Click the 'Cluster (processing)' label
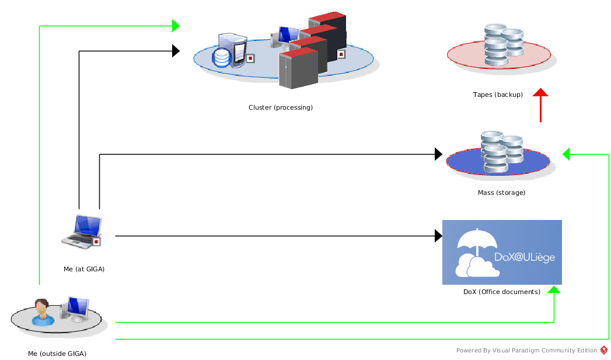coord(281,107)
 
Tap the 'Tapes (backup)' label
coord(498,95)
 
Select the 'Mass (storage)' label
coord(501,193)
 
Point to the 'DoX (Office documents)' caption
coord(502,292)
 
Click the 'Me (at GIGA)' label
coord(84,269)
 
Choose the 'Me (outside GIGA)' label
coord(57,354)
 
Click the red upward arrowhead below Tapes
coord(540,92)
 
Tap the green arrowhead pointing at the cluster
coord(176,26)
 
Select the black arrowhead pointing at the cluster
coord(176,51)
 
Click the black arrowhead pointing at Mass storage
coord(438,154)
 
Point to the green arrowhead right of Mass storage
coord(566,154)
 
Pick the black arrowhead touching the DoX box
coord(438,236)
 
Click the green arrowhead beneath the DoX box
coord(554,289)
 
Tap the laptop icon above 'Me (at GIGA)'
coord(82,232)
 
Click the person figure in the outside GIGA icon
coord(42,313)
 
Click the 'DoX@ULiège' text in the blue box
coord(525,257)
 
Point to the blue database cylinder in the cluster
coord(222,58)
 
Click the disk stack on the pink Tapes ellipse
coord(504,44)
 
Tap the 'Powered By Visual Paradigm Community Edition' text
coord(526,351)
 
